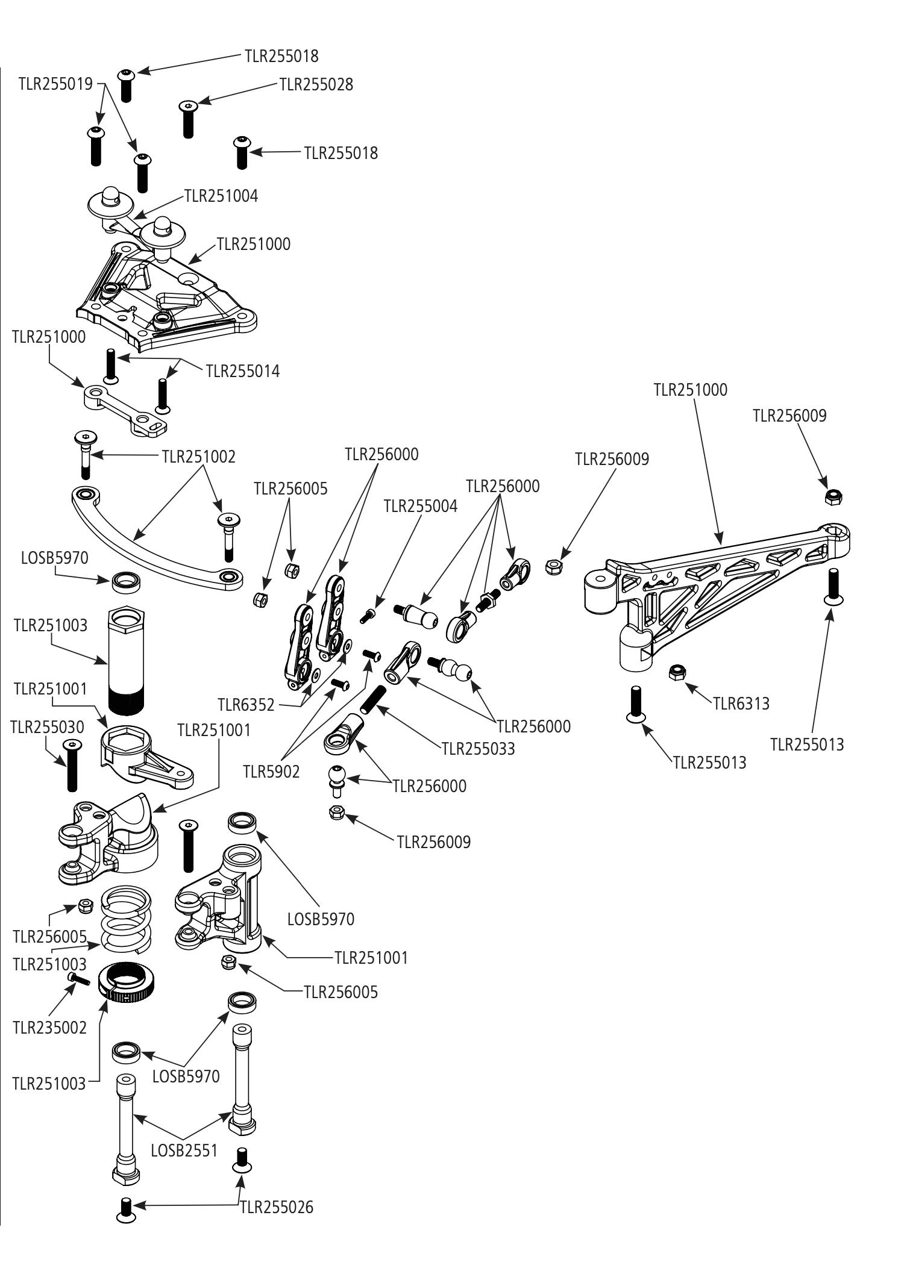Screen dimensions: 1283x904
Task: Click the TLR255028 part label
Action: (x=316, y=85)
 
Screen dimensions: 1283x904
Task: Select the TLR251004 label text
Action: (x=221, y=196)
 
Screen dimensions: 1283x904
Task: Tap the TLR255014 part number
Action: (x=243, y=371)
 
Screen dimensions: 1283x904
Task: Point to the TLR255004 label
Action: (x=421, y=507)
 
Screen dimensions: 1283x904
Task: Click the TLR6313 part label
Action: (x=741, y=704)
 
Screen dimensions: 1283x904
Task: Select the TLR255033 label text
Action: (x=479, y=749)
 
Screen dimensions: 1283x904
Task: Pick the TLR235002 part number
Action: (x=50, y=1028)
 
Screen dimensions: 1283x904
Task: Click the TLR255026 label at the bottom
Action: (x=277, y=1207)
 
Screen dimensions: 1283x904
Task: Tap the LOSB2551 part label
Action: (x=184, y=1150)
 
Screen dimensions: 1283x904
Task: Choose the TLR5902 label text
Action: (x=271, y=772)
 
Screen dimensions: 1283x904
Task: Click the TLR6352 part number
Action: (x=246, y=705)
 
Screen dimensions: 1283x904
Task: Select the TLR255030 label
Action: (x=47, y=727)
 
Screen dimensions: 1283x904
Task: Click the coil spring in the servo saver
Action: (x=125, y=919)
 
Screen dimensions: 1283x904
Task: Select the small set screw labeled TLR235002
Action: (x=79, y=980)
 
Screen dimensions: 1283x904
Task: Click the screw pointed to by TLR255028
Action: (x=187, y=119)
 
